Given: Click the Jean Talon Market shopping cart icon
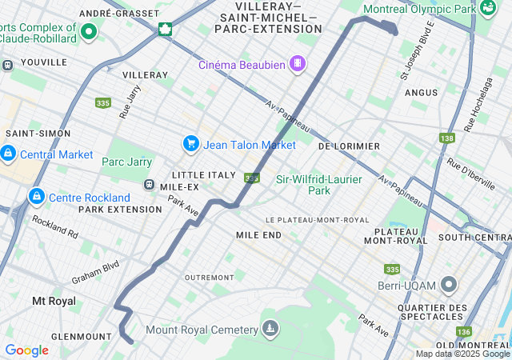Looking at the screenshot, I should [x=190, y=144].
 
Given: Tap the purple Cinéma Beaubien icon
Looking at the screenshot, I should [x=297, y=63].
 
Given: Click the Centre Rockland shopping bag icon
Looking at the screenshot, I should [x=36, y=197].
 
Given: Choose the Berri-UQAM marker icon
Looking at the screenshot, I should [x=449, y=285].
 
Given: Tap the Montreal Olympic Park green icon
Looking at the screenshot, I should [x=488, y=9].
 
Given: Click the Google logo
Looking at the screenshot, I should [x=26, y=350].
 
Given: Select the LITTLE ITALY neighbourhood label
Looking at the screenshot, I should [x=204, y=174].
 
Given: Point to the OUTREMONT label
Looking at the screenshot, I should [x=208, y=278].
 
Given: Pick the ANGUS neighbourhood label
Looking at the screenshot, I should [x=421, y=93].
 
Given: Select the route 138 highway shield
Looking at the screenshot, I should [x=446, y=138].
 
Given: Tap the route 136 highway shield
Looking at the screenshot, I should [x=463, y=331].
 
